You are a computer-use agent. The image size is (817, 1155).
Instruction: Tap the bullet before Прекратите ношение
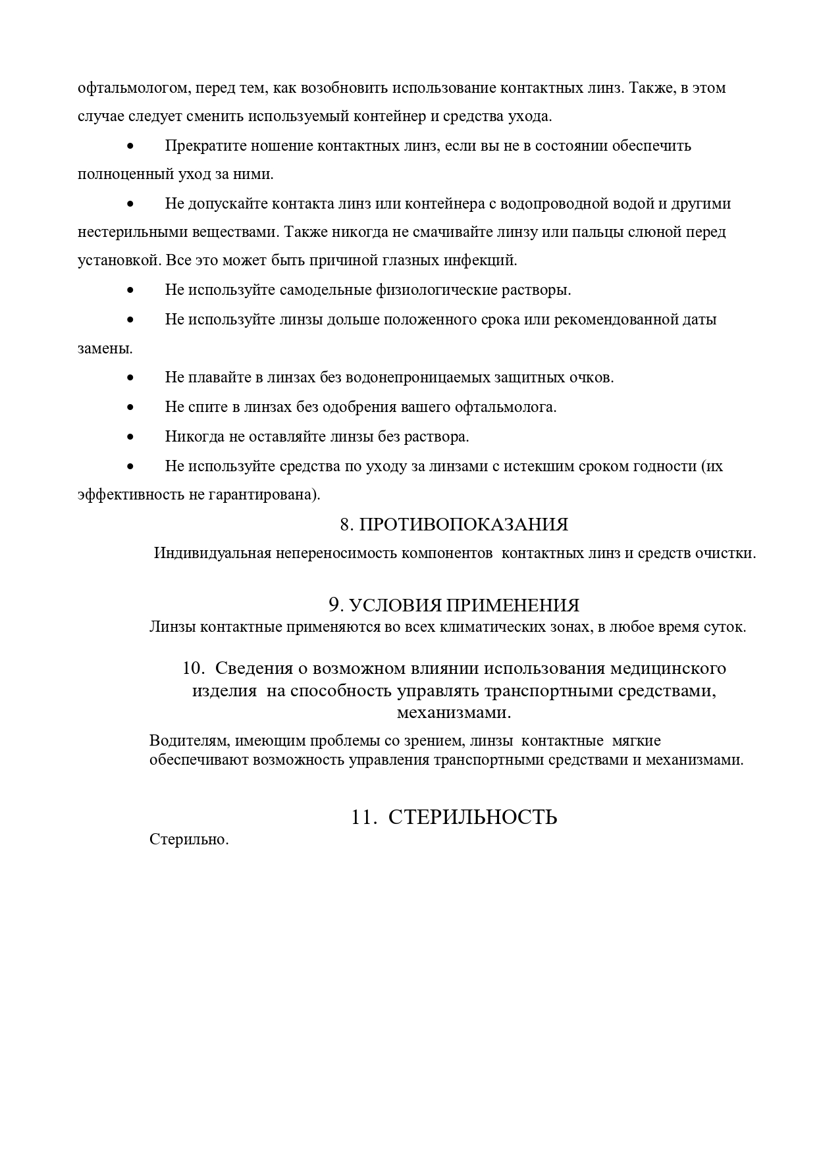[130, 145]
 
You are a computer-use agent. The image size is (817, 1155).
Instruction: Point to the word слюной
[661, 232]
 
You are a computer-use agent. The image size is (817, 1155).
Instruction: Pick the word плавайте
[217, 378]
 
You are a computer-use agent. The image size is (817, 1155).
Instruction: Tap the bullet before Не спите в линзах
[130, 407]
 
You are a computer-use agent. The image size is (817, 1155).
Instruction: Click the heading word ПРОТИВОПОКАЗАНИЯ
[463, 525]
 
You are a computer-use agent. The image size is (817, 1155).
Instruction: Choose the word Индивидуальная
[212, 553]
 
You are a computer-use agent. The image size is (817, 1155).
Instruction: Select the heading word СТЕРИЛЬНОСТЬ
[473, 817]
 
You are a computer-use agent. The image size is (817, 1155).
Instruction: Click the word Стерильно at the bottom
[188, 840]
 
